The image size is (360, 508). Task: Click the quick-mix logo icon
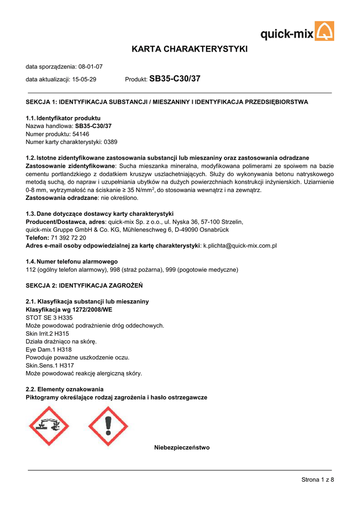click(x=325, y=31)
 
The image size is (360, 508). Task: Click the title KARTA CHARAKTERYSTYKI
click(x=189, y=49)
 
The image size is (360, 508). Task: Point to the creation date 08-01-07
click(x=90, y=66)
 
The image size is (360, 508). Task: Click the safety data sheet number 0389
click(x=110, y=142)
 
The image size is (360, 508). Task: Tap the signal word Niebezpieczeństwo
click(x=182, y=447)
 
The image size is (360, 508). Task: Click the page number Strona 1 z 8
click(x=318, y=479)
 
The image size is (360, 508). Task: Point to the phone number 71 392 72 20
click(x=68, y=238)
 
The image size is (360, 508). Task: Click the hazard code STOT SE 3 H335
click(x=49, y=317)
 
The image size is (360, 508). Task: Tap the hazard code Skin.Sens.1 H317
click(x=50, y=365)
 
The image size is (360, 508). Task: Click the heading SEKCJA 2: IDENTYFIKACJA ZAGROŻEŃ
click(x=84, y=286)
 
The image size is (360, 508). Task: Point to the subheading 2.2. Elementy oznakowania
click(x=65, y=389)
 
